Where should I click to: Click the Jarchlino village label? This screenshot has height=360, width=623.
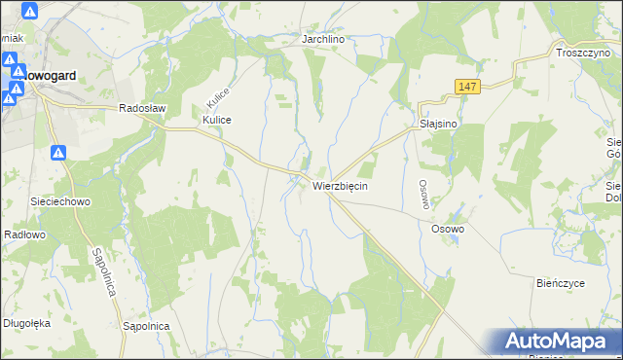325,39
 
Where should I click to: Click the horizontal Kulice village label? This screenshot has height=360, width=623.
216,120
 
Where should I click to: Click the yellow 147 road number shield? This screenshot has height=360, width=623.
466,89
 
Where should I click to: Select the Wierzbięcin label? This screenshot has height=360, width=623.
340,185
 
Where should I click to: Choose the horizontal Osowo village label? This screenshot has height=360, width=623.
448,229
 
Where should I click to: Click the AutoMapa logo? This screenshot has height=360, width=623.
558,342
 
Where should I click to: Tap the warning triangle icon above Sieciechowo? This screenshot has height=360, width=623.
58,153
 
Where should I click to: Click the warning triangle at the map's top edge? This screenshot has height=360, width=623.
29,12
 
